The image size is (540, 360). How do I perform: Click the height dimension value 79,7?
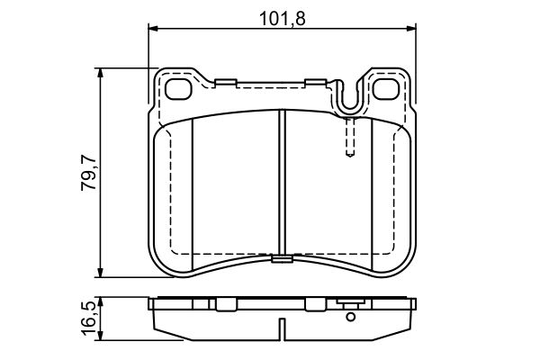(x=86, y=175)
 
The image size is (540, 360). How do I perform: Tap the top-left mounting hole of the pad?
(x=180, y=89)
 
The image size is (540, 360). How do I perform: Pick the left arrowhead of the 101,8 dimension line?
(x=154, y=29)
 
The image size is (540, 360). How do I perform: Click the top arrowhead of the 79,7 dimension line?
(x=102, y=72)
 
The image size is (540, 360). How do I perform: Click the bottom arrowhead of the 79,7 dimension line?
(x=102, y=274)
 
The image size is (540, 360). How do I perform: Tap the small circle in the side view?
(x=350, y=315)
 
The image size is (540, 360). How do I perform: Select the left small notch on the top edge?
(x=226, y=85)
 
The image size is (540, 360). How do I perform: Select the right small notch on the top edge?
(x=316, y=83)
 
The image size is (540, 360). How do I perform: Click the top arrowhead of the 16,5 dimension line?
(x=102, y=301)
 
